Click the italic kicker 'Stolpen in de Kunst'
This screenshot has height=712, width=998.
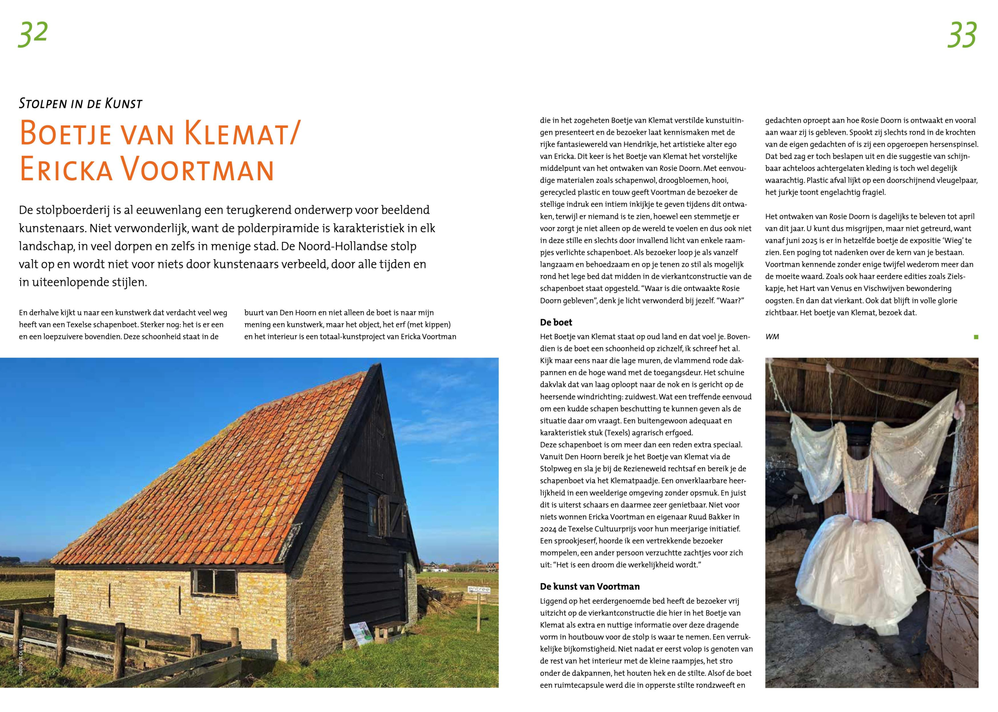point(81,104)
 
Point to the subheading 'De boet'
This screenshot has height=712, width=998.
point(556,322)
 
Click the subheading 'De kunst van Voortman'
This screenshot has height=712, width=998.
point(589,587)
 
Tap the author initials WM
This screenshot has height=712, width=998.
point(772,336)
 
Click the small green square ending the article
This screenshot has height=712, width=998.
point(976,337)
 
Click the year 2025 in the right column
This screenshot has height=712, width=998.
point(816,241)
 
